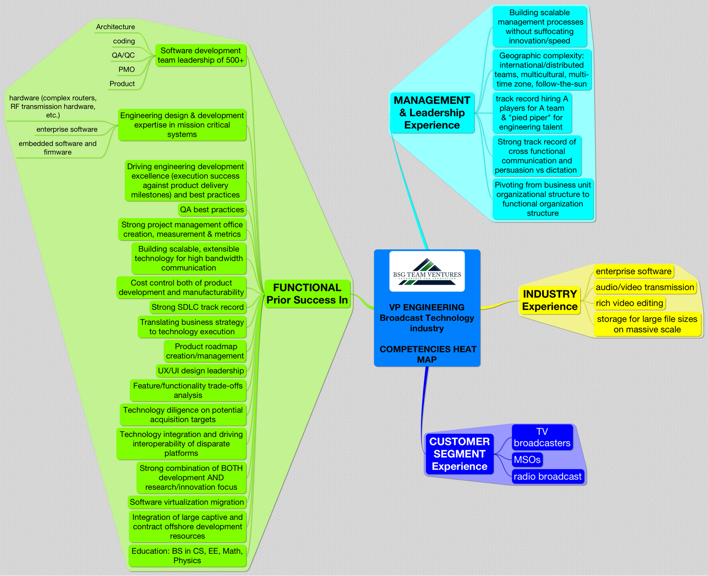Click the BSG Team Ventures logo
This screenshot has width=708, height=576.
(426, 271)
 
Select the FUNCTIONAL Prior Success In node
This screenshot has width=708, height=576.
(307, 294)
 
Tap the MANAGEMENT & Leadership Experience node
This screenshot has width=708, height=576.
(432, 113)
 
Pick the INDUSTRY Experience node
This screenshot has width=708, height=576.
(550, 300)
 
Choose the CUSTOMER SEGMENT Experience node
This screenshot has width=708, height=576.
(459, 454)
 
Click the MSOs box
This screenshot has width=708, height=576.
(527, 460)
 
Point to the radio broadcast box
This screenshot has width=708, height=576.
(547, 476)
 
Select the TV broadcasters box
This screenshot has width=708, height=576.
(542, 437)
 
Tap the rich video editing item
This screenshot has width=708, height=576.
(629, 303)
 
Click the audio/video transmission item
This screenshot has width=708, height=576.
(645, 287)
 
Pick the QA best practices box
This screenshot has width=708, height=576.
(212, 209)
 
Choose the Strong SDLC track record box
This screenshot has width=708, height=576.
(197, 307)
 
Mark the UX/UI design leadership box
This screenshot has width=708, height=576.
(201, 371)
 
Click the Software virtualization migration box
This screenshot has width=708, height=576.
(186, 502)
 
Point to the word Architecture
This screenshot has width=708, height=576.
(115, 27)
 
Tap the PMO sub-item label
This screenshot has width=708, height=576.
(127, 70)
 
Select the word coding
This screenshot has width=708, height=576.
(124, 41)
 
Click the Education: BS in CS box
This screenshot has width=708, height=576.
(187, 555)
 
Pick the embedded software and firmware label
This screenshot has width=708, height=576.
(57, 148)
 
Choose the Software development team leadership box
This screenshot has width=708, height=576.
(201, 55)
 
